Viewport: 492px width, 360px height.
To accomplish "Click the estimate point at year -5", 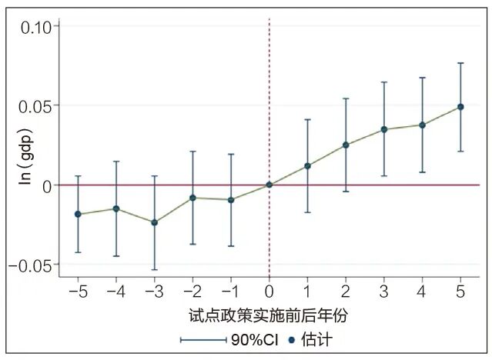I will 78,214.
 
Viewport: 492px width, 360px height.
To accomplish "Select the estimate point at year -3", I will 155,222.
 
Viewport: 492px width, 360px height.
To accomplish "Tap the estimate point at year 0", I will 269,185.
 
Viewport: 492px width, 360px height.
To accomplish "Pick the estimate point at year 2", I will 346,145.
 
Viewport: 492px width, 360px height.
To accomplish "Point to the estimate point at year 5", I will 460,107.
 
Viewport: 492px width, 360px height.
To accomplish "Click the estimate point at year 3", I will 384,129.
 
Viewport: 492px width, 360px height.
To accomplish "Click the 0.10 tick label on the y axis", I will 35,26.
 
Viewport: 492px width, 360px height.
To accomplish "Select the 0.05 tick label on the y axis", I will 35,105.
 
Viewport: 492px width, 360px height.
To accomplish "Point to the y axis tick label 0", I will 47,185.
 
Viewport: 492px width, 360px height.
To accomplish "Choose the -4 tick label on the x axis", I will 115,293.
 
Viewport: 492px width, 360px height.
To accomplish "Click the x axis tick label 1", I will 307,293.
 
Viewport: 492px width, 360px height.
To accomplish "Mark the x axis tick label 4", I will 422,293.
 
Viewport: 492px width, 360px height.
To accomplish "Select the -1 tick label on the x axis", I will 230,293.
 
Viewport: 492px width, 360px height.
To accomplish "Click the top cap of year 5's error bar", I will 460,63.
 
